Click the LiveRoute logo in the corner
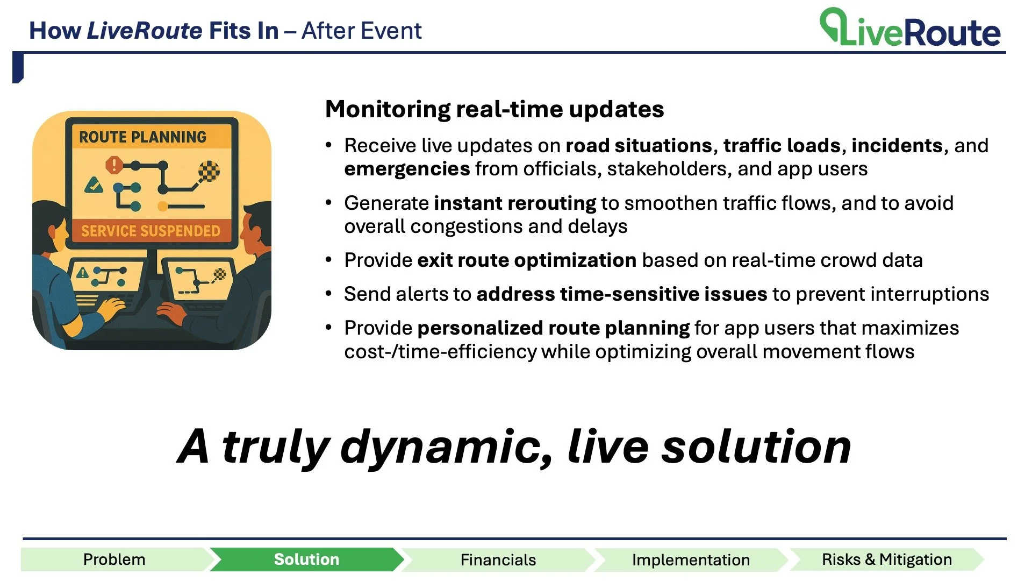(x=909, y=27)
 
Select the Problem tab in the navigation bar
(x=114, y=559)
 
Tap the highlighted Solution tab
(x=306, y=559)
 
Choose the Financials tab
(x=498, y=559)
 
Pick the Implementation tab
(x=691, y=559)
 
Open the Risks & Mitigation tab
(x=887, y=559)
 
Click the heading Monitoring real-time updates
(x=494, y=109)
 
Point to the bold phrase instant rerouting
(x=515, y=203)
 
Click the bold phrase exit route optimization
(x=527, y=260)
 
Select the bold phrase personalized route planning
(x=553, y=328)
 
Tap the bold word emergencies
(x=407, y=169)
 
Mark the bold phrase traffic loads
(x=782, y=146)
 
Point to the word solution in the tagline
(x=756, y=447)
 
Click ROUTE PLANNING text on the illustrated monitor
(x=142, y=137)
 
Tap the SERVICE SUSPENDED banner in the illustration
(x=150, y=231)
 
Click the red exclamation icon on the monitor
(x=114, y=165)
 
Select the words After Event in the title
(x=361, y=31)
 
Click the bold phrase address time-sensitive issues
(x=622, y=294)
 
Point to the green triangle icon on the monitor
(x=94, y=186)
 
